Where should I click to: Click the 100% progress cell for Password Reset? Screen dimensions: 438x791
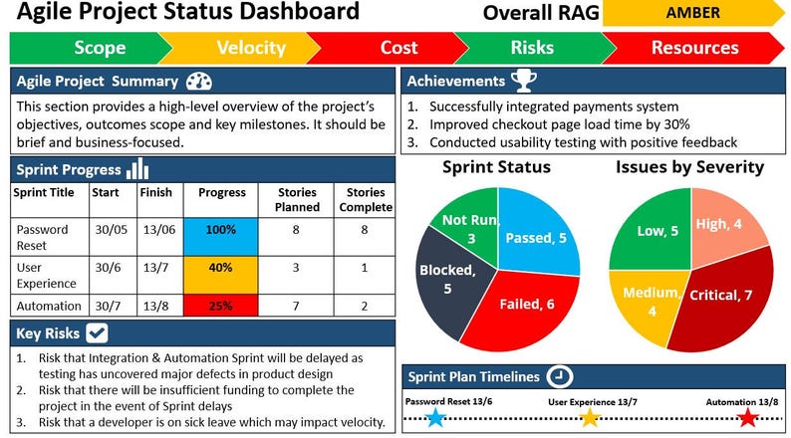point(222,230)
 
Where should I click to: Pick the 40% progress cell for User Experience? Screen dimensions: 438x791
point(222,268)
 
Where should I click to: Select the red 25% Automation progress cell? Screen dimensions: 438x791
point(222,305)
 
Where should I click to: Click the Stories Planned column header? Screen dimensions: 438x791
point(295,199)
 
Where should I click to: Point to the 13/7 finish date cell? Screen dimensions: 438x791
point(155,268)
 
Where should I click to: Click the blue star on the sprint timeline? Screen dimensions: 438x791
point(434,417)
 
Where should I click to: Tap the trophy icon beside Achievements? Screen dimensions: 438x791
point(522,81)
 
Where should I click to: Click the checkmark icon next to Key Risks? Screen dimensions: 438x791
point(98,332)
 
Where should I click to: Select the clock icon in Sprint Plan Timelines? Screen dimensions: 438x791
point(561,377)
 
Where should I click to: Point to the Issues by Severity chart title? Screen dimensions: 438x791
point(689,166)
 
